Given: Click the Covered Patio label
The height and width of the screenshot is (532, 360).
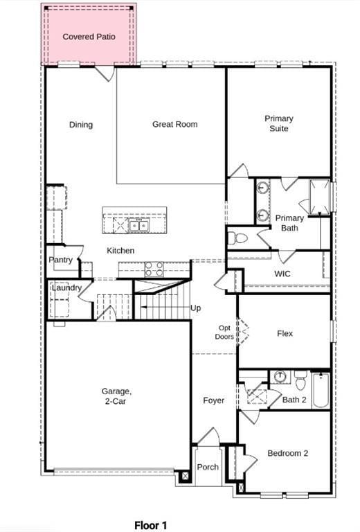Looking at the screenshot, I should coord(89,36).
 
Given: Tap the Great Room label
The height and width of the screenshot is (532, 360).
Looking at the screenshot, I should coord(174,125).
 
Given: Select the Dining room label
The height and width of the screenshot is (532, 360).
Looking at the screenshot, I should coord(80,125).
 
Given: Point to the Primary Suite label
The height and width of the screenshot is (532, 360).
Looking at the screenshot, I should coord(278,123).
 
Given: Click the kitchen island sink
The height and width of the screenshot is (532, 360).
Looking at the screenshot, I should coord(138,225).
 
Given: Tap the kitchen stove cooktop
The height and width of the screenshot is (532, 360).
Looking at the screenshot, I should coord(154,269).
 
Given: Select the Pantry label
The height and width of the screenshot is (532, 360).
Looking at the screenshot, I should coord(60,260).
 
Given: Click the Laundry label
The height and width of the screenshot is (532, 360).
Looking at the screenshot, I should coord(66,287).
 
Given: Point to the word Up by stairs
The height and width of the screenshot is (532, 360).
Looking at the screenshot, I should coord(196,308).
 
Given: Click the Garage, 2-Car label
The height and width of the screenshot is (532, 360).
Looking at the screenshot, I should coord(116,396).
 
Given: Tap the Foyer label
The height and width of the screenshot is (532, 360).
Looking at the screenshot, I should coord(213,400).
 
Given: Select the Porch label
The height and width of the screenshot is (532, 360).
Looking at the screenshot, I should coord(208,467).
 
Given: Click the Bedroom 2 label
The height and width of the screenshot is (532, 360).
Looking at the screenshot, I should coord(287,453).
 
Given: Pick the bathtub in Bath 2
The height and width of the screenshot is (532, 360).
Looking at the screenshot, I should coord(321,391).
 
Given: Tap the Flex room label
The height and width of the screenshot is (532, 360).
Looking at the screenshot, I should coord(285,333).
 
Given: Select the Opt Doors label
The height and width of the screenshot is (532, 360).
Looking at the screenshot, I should coord(225,332).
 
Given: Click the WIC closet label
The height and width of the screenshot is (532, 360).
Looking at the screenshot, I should coord(282,274).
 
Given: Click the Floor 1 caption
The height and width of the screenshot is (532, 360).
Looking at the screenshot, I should coord(150,526).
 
